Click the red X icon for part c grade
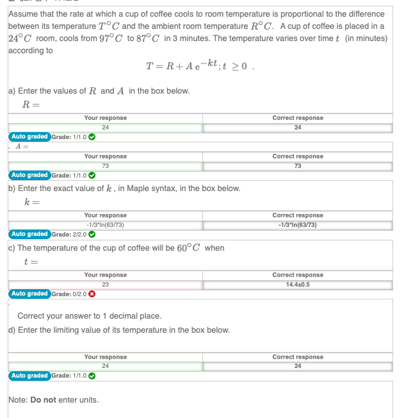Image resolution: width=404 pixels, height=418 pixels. coord(92,294)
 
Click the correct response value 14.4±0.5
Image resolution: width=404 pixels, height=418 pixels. coord(297,285)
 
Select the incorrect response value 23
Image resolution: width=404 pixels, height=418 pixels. coord(105,285)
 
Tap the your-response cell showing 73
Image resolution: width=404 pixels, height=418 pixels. coord(105,166)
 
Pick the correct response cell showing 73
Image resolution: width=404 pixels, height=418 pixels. coord(297,166)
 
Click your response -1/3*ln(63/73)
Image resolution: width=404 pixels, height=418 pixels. coord(105,225)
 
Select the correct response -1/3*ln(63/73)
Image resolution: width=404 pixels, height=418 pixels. coord(297,225)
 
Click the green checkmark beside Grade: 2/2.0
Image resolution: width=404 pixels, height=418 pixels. coord(92,235)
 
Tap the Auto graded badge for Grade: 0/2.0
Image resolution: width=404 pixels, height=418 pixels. coord(29,294)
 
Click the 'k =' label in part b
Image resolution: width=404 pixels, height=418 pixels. coord(32,203)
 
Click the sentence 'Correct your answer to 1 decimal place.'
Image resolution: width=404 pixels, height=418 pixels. coord(89,316)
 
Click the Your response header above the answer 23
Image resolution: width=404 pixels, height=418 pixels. coord(105,275)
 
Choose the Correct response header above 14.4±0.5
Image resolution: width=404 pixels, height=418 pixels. coord(297,275)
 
